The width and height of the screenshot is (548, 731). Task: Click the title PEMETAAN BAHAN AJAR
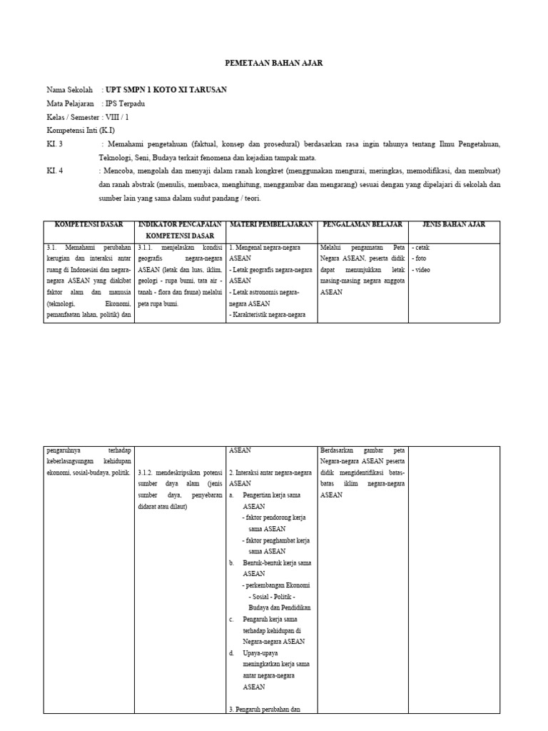(273, 63)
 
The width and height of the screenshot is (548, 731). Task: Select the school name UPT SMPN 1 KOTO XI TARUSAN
(166, 89)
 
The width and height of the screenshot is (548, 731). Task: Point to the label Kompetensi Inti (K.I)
(80, 131)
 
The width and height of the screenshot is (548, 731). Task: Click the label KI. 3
(54, 144)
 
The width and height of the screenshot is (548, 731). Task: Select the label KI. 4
(54, 171)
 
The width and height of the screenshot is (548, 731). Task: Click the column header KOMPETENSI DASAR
(89, 225)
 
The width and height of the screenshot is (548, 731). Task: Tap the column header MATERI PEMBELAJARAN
(271, 225)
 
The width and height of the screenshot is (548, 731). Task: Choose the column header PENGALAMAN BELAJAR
(362, 225)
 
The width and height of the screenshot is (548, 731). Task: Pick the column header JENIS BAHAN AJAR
(454, 225)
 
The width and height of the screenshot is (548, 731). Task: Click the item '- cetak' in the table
(420, 248)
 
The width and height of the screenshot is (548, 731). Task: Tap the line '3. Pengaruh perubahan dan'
(265, 709)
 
